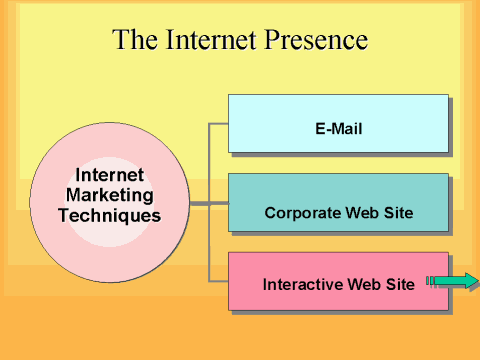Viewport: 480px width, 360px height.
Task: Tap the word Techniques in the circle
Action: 109,214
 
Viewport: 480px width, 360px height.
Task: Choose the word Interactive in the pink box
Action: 302,284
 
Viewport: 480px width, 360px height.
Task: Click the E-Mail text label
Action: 338,129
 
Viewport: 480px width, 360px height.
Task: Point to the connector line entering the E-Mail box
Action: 218,124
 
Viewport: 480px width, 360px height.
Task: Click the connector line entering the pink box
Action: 218,281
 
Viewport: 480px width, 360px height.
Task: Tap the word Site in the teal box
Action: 398,213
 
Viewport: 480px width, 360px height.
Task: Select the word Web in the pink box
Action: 364,284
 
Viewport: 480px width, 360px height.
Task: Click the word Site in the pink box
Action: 399,284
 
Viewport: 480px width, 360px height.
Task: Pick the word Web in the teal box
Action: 361,213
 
